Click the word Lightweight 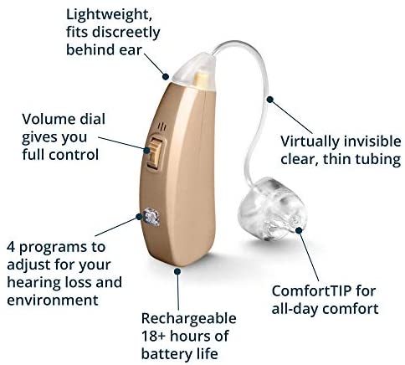109,14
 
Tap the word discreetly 126,33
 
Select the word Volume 48,119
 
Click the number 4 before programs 11,247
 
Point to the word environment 53,301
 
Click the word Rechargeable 189,319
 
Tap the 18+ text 154,336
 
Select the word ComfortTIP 312,291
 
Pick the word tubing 378,160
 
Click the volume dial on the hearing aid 155,152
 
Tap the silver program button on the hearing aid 151,217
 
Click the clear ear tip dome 270,209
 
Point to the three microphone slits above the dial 161,127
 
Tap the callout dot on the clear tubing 270,100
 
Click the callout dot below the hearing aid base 177,271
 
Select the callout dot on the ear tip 299,230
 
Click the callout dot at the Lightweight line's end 166,76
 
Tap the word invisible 372,141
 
